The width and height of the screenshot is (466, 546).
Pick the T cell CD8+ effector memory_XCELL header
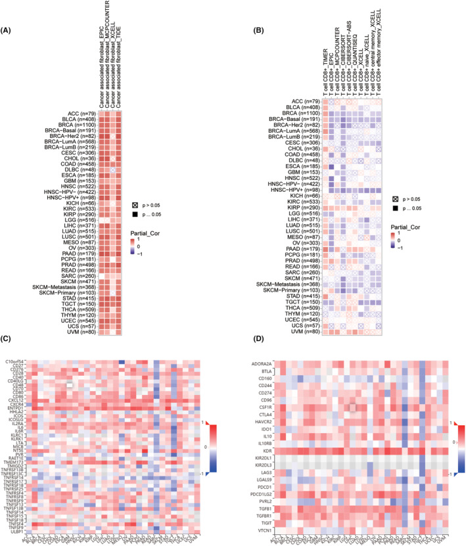[x=379, y=50]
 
